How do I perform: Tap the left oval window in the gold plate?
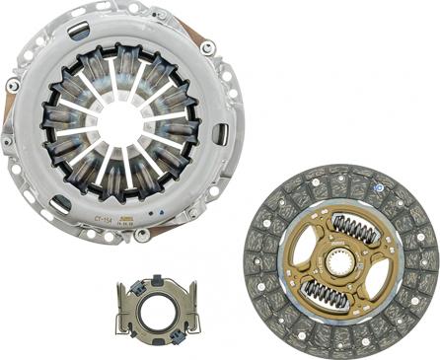301,259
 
